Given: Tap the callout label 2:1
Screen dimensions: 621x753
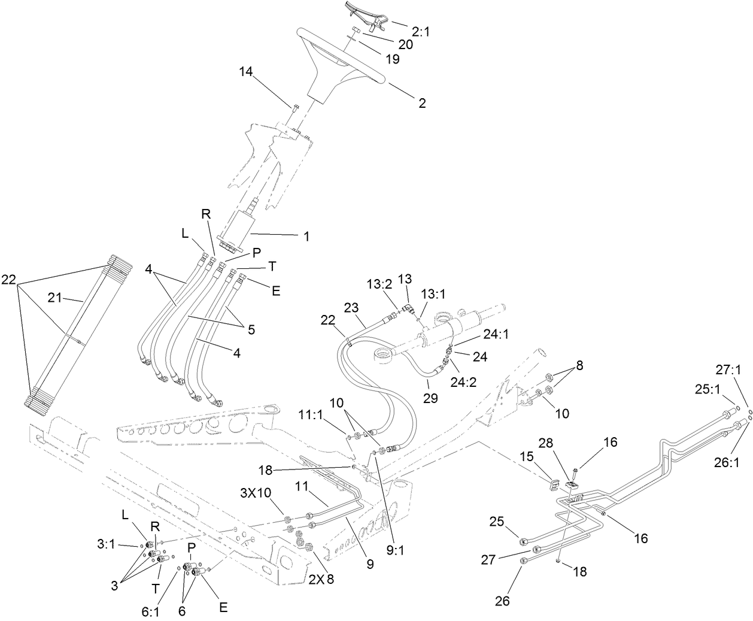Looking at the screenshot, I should pos(421,32).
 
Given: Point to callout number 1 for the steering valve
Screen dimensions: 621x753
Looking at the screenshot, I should pos(306,236).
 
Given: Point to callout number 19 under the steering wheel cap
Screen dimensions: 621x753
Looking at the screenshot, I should pos(392,60).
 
